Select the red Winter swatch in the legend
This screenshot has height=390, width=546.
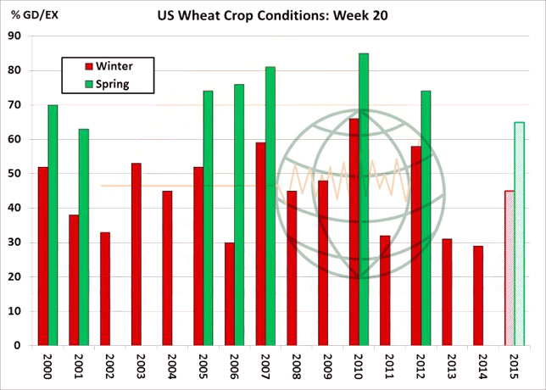(x=88, y=65)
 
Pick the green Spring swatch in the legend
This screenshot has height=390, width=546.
(x=88, y=83)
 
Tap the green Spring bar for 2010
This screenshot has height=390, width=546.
(x=364, y=199)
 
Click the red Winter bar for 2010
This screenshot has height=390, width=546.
(x=354, y=232)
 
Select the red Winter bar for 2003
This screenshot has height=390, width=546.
(x=136, y=254)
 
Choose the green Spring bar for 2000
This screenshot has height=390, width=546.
(x=53, y=226)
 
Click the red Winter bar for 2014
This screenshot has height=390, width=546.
(x=478, y=295)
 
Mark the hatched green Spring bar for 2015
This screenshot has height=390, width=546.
(x=519, y=234)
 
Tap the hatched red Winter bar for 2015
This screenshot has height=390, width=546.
(x=509, y=268)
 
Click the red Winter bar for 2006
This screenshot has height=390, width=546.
(x=229, y=293)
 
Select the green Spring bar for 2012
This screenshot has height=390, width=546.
(x=426, y=218)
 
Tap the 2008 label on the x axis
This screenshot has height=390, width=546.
(x=292, y=368)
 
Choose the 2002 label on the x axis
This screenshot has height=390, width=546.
(x=105, y=368)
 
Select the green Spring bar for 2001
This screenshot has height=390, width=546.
(x=84, y=237)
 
